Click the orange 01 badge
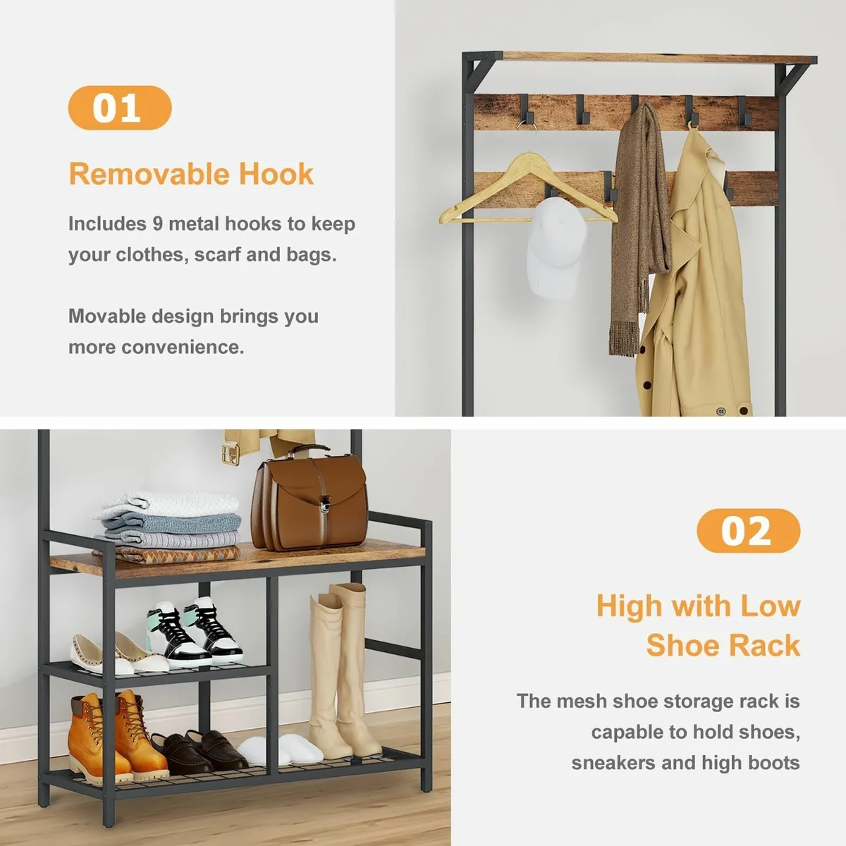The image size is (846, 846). [120, 108]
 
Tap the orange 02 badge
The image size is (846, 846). [748, 530]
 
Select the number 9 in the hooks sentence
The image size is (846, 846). [158, 224]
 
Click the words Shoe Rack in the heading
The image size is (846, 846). [723, 645]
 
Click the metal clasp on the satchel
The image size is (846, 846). [326, 502]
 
